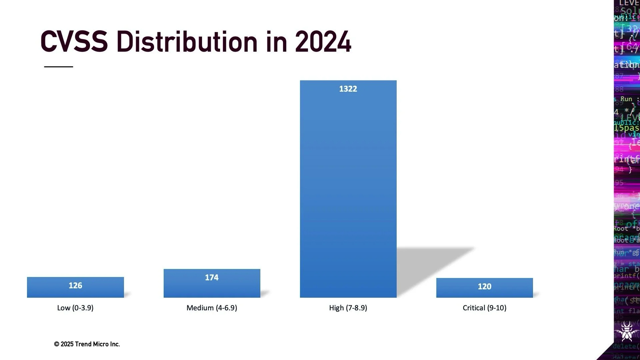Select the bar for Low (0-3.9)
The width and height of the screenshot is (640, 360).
click(75, 292)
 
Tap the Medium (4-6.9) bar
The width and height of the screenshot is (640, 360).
click(212, 288)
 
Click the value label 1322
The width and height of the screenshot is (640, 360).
click(348, 89)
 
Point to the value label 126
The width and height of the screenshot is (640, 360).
click(75, 286)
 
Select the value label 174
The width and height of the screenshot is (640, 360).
click(212, 278)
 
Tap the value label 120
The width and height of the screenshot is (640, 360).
click(484, 287)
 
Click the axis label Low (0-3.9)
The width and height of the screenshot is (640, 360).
click(75, 308)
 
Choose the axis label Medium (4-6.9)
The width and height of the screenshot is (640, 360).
click(212, 308)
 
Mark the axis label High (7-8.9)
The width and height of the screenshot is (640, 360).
click(348, 308)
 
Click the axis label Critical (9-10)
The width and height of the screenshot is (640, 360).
click(484, 308)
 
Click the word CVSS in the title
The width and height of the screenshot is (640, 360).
click(74, 42)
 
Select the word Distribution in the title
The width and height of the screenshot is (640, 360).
click(187, 42)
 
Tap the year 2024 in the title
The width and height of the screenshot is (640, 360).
click(323, 42)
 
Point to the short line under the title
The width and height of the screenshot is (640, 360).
click(59, 67)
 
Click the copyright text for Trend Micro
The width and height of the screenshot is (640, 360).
click(87, 344)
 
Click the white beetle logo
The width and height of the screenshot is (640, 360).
click(627, 331)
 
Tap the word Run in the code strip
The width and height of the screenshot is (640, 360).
click(626, 99)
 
